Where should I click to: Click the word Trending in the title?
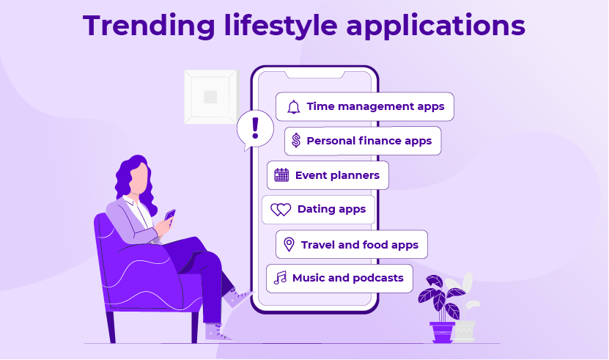[x=149, y=26]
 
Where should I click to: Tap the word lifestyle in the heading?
[x=281, y=26]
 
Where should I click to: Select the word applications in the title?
[x=436, y=26]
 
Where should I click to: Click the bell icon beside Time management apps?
[x=294, y=107]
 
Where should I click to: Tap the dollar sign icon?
[x=296, y=140]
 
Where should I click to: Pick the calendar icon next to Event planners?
[x=281, y=175]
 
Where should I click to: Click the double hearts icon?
[x=281, y=210]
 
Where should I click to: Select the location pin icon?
[x=289, y=245]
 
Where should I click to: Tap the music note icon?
[x=280, y=278]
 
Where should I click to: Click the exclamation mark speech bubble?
[x=255, y=130]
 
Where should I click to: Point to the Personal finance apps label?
[x=369, y=141]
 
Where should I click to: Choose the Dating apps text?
[x=331, y=209]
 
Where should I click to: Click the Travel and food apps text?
[x=360, y=245]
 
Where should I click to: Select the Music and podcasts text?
[x=347, y=278]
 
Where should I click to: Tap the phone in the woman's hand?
[x=170, y=215]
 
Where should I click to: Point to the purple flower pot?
[x=442, y=331]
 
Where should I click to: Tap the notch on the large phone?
[x=315, y=74]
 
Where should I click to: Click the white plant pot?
[x=465, y=331]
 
